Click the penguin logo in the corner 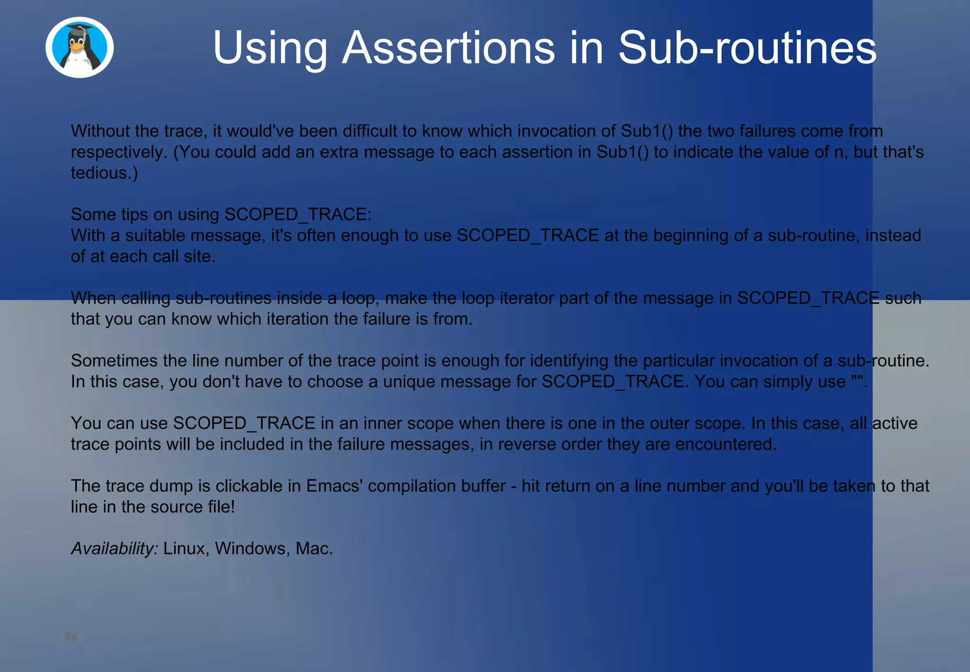point(80,47)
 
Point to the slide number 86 point(71,636)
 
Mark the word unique point(409,381)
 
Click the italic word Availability point(114,549)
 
